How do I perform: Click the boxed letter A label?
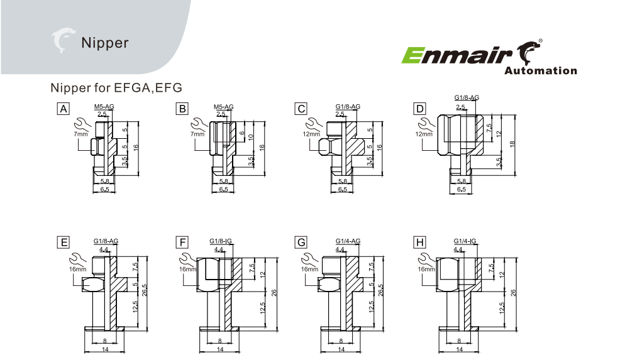tap(63, 109)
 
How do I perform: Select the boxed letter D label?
tap(419, 109)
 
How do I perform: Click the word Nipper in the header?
tap(104, 43)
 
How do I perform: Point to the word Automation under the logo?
tap(540, 71)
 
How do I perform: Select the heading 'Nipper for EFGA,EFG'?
tap(116, 87)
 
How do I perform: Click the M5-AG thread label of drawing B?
tap(223, 107)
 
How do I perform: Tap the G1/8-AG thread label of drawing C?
tap(348, 107)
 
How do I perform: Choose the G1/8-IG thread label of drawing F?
tap(221, 241)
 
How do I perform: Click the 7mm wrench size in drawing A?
tap(80, 134)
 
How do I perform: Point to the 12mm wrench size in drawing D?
tap(424, 134)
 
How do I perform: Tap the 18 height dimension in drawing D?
tap(512, 145)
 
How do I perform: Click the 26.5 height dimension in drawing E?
tap(145, 293)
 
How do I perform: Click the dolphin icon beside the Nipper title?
tap(64, 41)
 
